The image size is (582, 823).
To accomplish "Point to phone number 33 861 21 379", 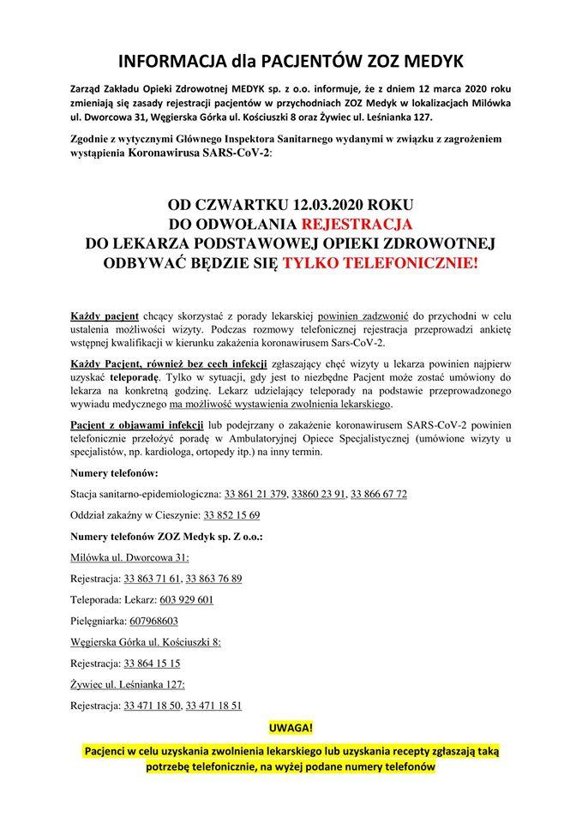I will (255, 494).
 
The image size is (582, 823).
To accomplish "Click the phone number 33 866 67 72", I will (379, 494).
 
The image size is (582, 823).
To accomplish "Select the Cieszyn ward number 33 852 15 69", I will (231, 515).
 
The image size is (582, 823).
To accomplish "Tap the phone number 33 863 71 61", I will (151, 578).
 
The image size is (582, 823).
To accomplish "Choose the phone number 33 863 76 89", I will (213, 578).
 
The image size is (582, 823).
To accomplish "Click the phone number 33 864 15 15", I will (151, 663).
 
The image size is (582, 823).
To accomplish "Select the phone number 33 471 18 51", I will (213, 705).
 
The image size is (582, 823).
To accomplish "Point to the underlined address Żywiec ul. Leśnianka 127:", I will (128, 684).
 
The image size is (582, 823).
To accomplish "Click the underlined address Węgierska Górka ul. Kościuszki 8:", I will (146, 641).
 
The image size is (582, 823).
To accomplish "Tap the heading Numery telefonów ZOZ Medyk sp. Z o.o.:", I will (167, 536).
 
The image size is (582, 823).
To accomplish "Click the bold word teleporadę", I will (131, 376).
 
